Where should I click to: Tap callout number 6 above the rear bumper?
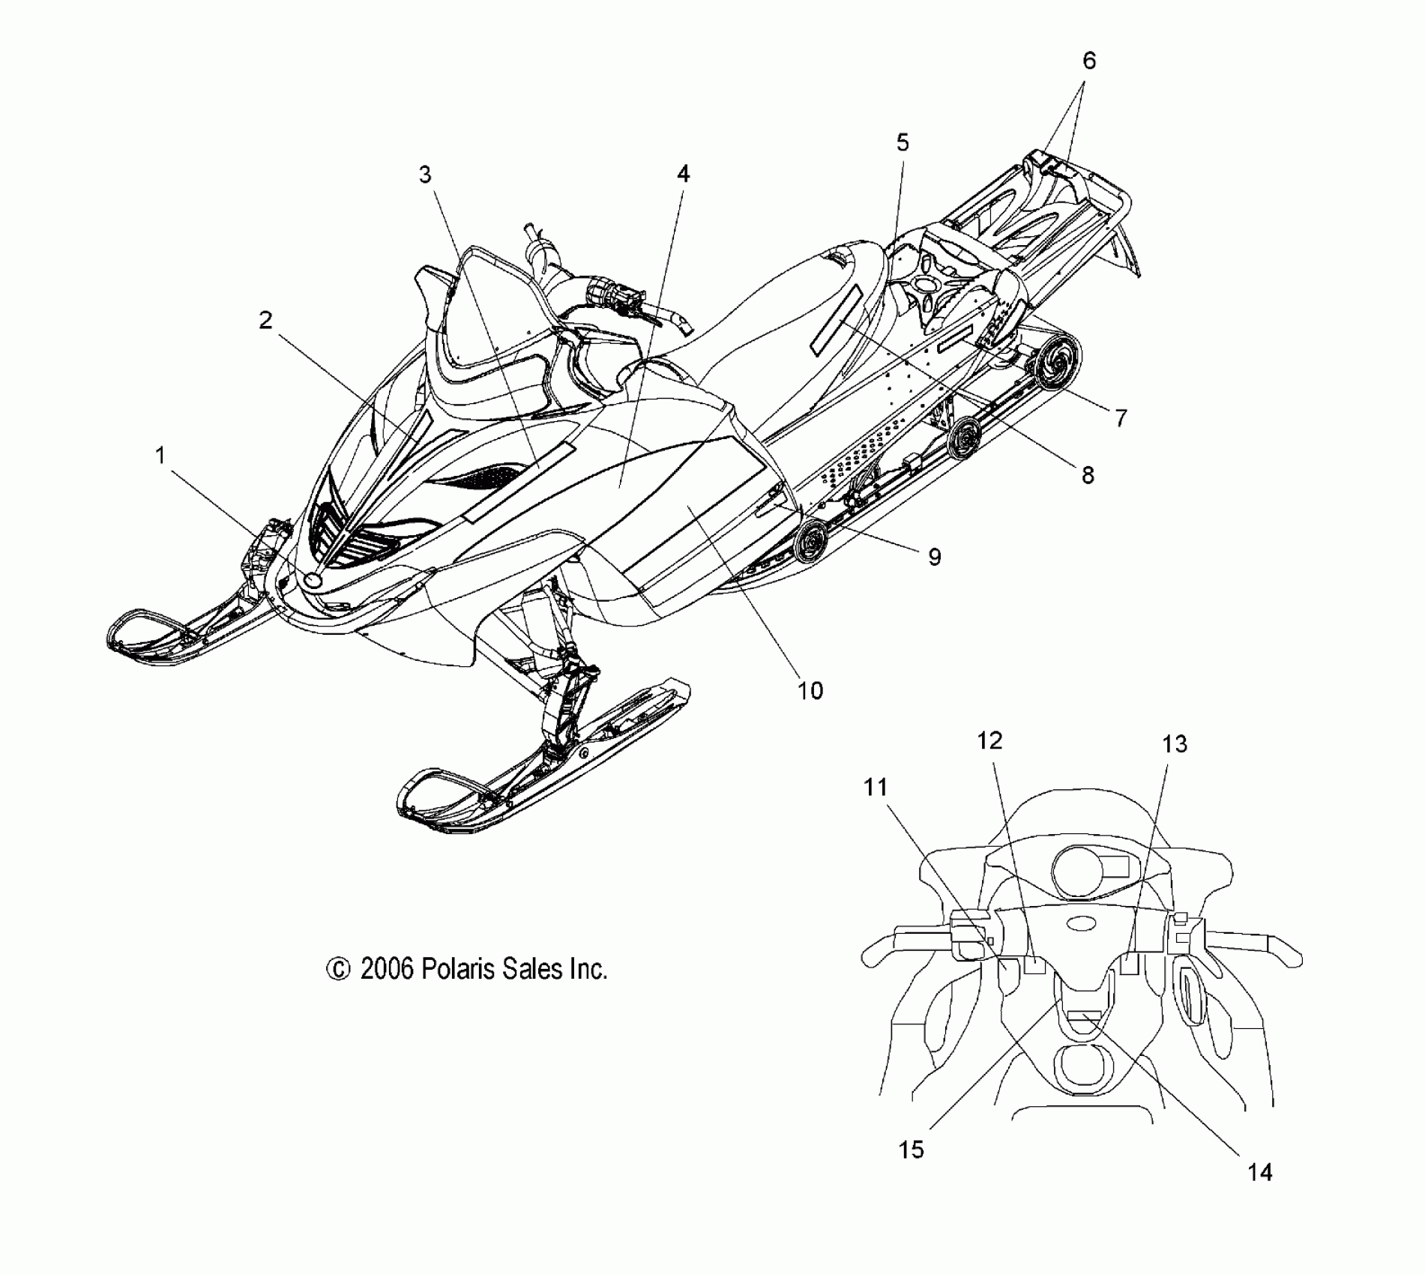[1088, 61]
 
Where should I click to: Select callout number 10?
[810, 690]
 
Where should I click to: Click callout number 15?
[912, 1149]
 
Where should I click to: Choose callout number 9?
[934, 556]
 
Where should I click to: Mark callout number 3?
[425, 175]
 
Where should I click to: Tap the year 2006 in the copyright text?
[387, 969]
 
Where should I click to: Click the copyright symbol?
[338, 970]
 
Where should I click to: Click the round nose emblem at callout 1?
[313, 579]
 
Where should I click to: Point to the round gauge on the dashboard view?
[1078, 871]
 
